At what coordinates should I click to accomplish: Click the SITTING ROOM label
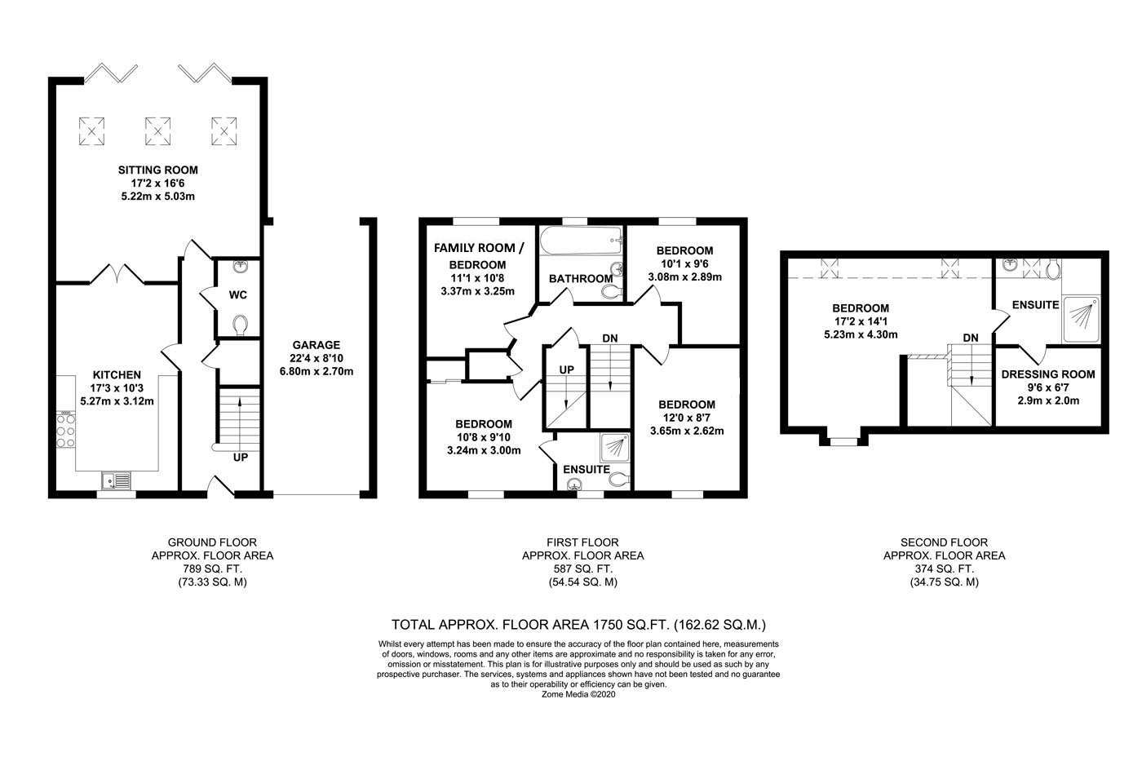pyautogui.click(x=158, y=170)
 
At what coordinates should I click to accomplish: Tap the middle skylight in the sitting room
pyautogui.click(x=157, y=131)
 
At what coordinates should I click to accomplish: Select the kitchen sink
pyautogui.click(x=116, y=480)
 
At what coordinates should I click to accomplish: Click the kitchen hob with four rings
pyautogui.click(x=66, y=431)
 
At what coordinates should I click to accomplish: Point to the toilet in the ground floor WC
pyautogui.click(x=240, y=325)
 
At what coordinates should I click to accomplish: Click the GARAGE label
pyautogui.click(x=316, y=345)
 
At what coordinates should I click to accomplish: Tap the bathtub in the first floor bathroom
pyautogui.click(x=581, y=241)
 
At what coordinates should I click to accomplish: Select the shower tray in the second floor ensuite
pyautogui.click(x=1081, y=320)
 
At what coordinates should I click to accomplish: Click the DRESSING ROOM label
pyautogui.click(x=1048, y=374)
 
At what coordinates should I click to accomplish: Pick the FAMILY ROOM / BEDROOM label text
pyautogui.click(x=478, y=256)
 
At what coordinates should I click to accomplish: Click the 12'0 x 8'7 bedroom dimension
pyautogui.click(x=687, y=418)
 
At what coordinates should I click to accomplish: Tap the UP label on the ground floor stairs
pyautogui.click(x=240, y=458)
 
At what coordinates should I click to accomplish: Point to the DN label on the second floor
pyautogui.click(x=971, y=338)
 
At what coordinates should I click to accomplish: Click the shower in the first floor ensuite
pyautogui.click(x=615, y=448)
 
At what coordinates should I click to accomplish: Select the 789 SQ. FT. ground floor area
pyautogui.click(x=212, y=569)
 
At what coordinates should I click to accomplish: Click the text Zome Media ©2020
pyautogui.click(x=578, y=694)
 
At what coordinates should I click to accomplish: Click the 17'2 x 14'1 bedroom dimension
pyautogui.click(x=861, y=321)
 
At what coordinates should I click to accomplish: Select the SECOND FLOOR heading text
pyautogui.click(x=945, y=542)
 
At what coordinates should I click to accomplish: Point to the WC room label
pyautogui.click(x=237, y=294)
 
